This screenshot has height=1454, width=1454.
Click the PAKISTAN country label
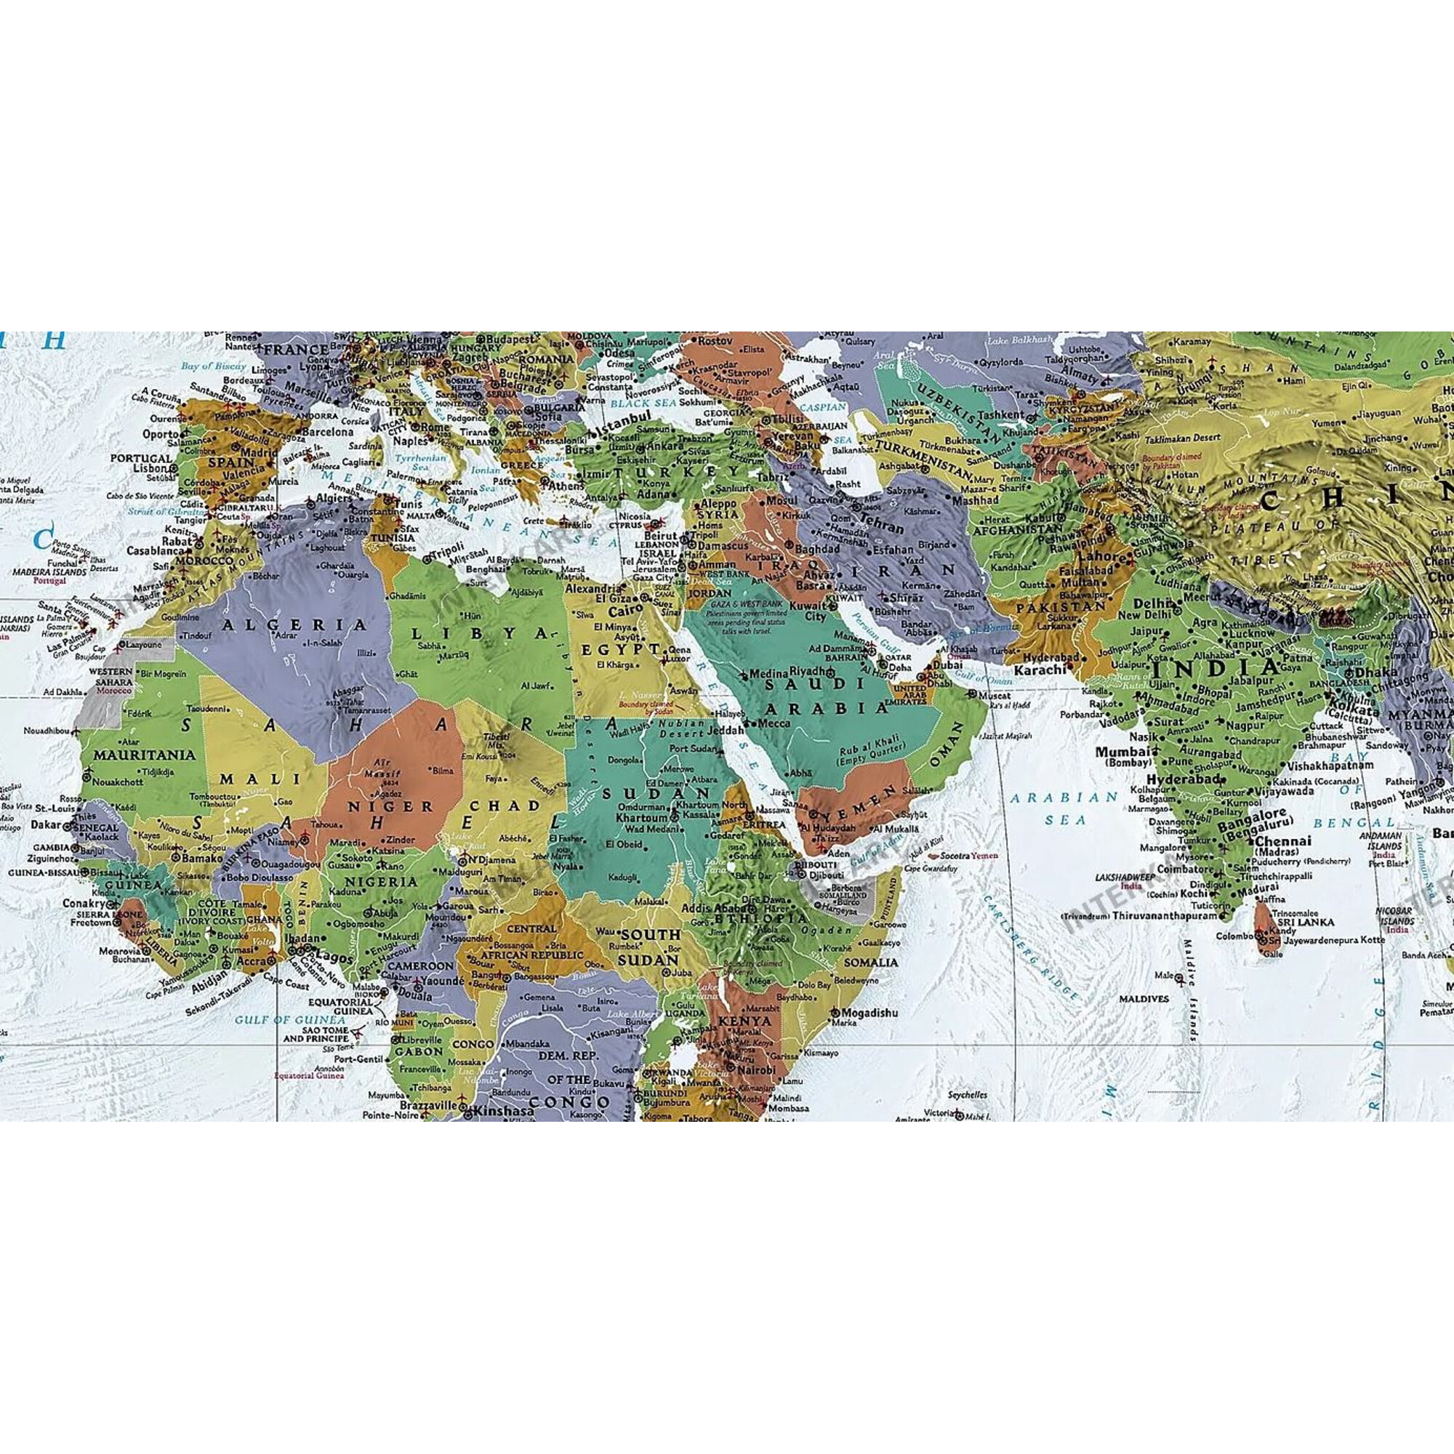pyautogui.click(x=1063, y=606)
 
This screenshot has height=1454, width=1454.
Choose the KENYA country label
pyautogui.click(x=745, y=1021)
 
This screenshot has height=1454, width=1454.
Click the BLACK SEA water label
pyautogui.click(x=634, y=404)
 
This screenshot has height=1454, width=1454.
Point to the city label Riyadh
pyautogui.click(x=814, y=670)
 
